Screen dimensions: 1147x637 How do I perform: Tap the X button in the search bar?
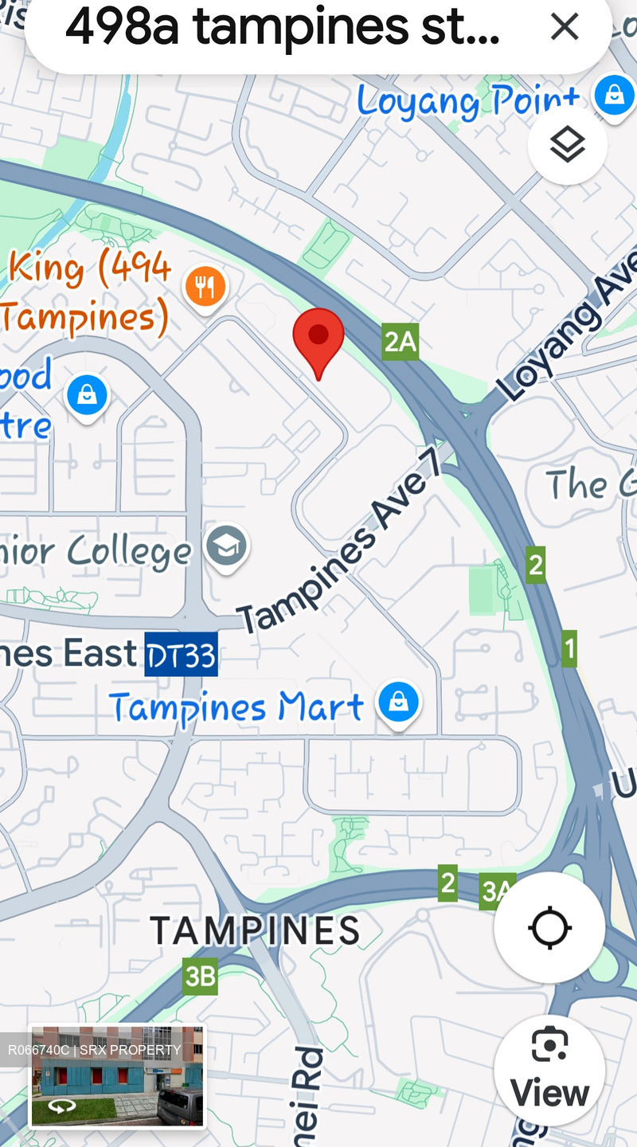[x=565, y=27]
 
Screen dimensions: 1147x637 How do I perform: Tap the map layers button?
[x=568, y=145]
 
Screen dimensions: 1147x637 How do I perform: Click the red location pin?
[x=318, y=339]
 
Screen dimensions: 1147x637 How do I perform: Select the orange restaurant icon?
[x=205, y=286]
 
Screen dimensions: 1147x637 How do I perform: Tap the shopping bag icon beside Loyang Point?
[x=614, y=96]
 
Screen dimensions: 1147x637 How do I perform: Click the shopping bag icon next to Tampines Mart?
[x=399, y=702]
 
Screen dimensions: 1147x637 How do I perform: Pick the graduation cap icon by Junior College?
[x=227, y=546]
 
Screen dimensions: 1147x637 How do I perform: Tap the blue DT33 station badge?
[x=181, y=654]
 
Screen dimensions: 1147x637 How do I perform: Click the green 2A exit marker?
[x=400, y=342]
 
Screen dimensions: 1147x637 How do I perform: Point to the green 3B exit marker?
[x=200, y=976]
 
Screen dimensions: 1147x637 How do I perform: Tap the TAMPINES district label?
[x=255, y=930]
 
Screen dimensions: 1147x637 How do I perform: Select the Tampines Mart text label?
[x=236, y=707]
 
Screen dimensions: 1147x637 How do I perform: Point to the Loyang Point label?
[x=468, y=102]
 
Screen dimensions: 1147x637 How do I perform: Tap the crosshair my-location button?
[x=549, y=928]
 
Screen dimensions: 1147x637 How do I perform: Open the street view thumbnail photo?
[x=116, y=1075]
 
